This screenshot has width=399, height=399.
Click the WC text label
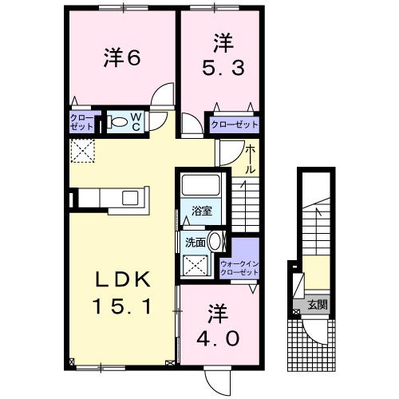point(136,122)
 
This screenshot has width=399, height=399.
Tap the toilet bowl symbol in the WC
point(118,122)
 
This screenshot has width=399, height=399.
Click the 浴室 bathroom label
point(200,211)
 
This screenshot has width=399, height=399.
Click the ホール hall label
point(251,159)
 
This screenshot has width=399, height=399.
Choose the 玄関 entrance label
point(317,303)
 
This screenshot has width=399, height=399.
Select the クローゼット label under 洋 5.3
point(235,124)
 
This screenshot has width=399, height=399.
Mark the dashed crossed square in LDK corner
point(81,150)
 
